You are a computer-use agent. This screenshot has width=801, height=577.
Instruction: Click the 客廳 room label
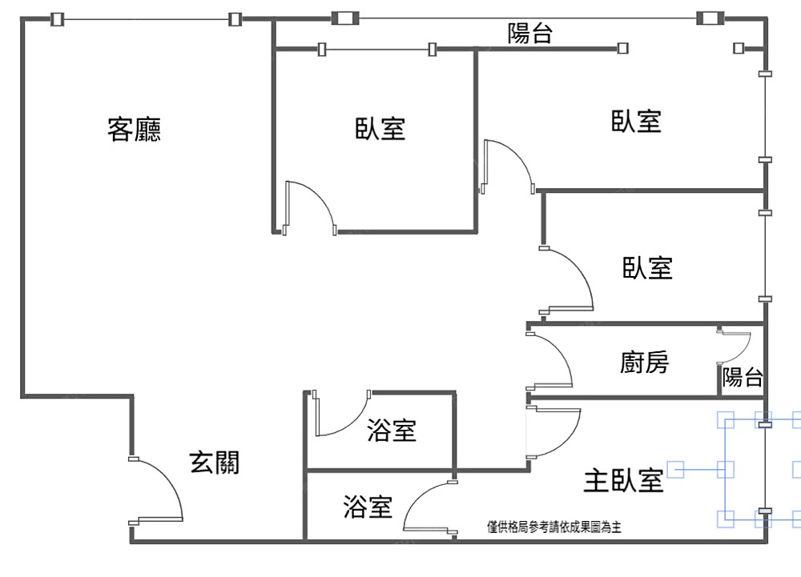tap(134, 129)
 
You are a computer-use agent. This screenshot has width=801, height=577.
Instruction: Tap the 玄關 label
tap(214, 462)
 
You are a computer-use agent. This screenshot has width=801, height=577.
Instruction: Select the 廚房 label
tap(644, 363)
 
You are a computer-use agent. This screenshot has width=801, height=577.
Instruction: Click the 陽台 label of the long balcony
tap(529, 34)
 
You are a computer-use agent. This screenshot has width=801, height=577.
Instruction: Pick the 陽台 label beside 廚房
tap(743, 378)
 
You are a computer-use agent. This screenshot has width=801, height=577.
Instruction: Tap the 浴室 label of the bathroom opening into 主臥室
tap(368, 506)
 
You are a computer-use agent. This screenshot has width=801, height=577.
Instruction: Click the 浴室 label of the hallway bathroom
tap(391, 431)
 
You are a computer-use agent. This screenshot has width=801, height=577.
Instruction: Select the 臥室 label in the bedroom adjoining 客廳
tap(380, 129)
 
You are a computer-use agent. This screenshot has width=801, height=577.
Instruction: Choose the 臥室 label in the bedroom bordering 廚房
tap(647, 267)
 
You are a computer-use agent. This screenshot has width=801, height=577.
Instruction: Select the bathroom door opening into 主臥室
tap(429, 507)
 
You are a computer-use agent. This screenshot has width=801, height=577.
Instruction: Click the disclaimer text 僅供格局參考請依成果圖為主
tap(554, 527)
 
